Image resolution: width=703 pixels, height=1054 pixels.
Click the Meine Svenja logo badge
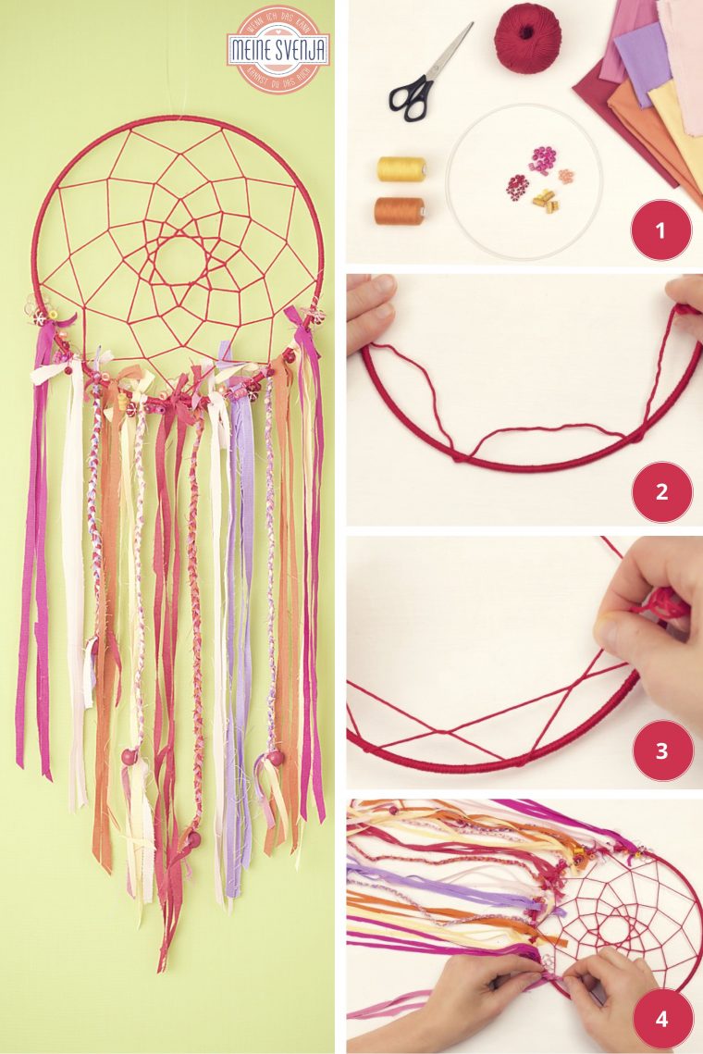pos(277,50)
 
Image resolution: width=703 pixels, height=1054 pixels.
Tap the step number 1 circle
pos(660,229)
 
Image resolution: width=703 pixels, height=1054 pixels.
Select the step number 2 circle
pos(661,491)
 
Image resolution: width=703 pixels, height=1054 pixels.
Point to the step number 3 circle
pos(661,750)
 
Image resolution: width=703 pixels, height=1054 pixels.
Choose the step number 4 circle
pos(661,1019)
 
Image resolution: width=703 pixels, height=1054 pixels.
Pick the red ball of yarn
pos(528,38)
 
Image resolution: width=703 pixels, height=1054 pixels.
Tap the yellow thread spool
pos(401,168)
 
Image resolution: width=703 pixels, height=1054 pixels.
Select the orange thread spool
pos(400,210)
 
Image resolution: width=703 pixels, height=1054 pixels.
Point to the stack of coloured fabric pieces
pos(647,83)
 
